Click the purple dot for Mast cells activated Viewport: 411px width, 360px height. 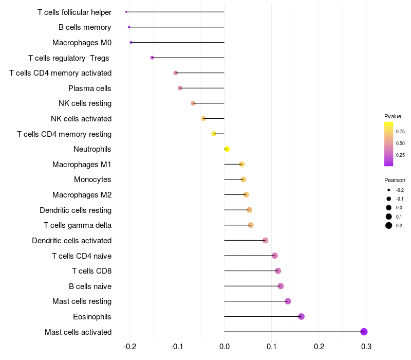364,332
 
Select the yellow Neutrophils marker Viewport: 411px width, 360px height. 227,149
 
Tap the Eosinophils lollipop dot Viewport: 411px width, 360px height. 301,316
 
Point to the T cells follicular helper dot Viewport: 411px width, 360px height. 126,12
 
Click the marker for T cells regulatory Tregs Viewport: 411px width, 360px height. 152,58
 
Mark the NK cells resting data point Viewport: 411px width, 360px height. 193,103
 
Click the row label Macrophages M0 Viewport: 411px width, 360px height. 82,43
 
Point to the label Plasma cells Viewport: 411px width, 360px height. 90,88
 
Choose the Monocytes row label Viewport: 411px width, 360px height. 92,179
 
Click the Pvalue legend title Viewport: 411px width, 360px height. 393,116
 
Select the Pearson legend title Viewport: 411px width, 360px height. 395,181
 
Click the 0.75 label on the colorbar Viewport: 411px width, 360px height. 400,132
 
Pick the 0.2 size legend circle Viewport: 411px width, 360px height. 389,225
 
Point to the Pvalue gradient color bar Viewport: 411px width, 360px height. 389,144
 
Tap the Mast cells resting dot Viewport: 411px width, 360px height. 288,301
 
